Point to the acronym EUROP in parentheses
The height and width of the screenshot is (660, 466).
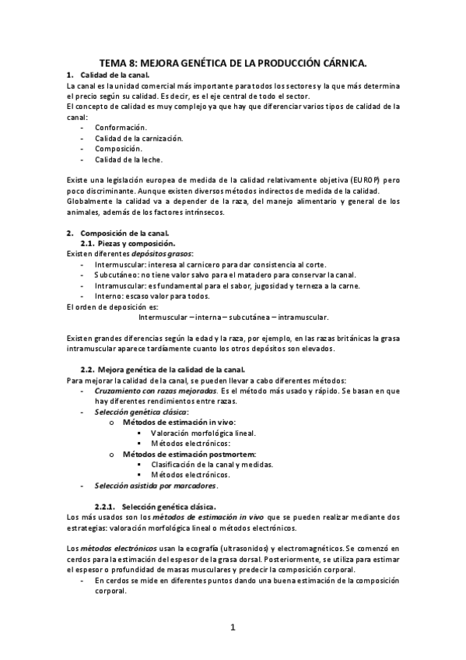pyautogui.click(x=363, y=180)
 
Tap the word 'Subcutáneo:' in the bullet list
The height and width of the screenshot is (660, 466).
pyautogui.click(x=117, y=275)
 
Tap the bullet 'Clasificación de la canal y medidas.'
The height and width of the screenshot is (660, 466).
pyautogui.click(x=212, y=464)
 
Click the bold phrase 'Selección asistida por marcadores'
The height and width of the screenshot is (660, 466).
pyautogui.click(x=156, y=486)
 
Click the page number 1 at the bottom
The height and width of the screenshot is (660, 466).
pyautogui.click(x=232, y=627)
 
